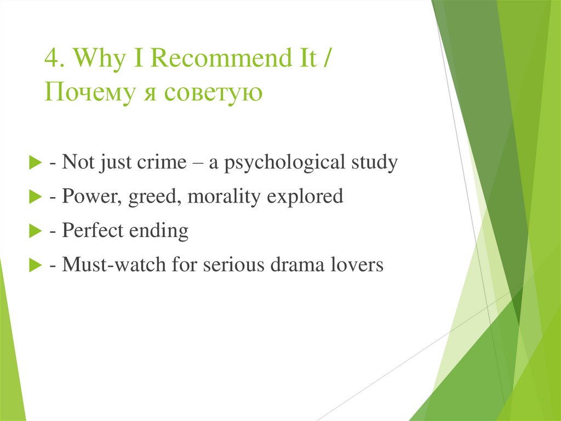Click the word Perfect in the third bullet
(93, 231)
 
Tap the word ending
(159, 231)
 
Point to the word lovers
(358, 265)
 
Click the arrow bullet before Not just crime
(36, 164)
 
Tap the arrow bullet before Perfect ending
(36, 232)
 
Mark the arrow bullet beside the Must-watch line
(36, 266)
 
